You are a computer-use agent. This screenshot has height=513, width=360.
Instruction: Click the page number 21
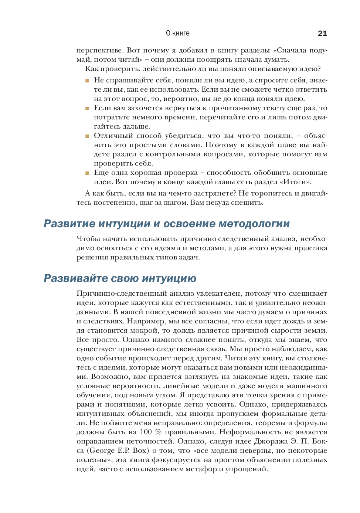(x=322, y=33)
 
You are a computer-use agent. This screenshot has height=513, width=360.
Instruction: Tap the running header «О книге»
(x=178, y=33)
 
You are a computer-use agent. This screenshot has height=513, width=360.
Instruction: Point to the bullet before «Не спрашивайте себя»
(x=87, y=81)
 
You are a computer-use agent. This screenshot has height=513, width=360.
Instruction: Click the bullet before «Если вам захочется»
(x=87, y=108)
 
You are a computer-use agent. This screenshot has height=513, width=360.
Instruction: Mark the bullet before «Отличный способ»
(x=87, y=136)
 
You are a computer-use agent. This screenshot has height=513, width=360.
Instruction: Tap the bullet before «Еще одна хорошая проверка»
(x=87, y=173)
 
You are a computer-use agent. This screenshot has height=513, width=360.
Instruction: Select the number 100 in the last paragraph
(x=146, y=432)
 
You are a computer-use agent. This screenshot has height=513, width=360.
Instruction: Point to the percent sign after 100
(x=158, y=432)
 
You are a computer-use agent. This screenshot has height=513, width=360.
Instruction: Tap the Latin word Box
(x=140, y=451)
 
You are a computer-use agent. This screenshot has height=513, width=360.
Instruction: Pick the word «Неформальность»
(x=255, y=432)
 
